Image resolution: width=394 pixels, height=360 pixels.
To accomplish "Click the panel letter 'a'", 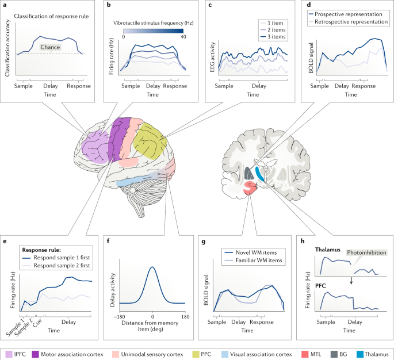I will tap(5, 6).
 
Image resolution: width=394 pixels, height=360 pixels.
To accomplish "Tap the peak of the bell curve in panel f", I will tap(152, 267).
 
